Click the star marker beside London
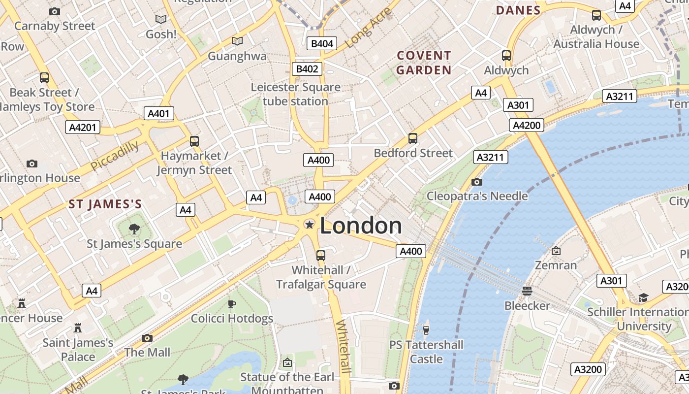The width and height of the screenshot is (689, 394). [309, 225]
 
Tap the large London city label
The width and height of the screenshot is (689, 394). [361, 226]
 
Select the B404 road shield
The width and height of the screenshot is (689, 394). [322, 43]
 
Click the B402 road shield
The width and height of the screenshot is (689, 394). [307, 69]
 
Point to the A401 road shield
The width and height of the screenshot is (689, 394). [159, 114]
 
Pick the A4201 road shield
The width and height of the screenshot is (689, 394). [83, 128]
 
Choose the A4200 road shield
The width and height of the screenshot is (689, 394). [527, 125]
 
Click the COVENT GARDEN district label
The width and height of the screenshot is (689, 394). [424, 63]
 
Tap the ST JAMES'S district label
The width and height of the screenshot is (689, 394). [105, 204]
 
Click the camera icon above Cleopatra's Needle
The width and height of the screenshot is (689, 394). [476, 182]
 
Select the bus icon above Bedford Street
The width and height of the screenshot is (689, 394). [413, 138]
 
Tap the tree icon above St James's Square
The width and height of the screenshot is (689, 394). [134, 229]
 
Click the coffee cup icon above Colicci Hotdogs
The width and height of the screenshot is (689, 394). [232, 304]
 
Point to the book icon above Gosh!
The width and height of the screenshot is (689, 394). [161, 19]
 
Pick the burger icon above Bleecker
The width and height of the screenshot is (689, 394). [527, 291]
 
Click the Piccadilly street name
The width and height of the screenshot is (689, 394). [115, 156]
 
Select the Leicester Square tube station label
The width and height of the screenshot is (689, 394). [295, 94]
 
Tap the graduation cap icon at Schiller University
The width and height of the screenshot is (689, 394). [643, 297]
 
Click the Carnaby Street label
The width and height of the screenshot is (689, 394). [55, 26]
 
